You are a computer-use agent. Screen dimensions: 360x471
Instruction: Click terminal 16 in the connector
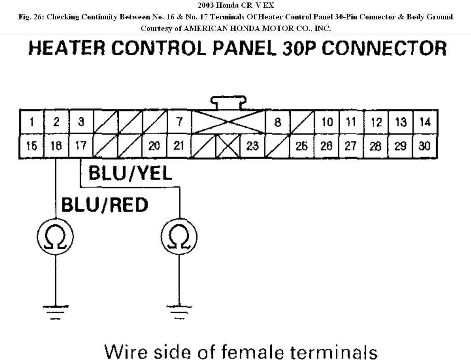click(x=56, y=146)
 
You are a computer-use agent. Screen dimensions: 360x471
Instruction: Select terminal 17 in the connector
click(x=81, y=146)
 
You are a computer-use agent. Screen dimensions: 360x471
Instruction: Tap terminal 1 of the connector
click(x=32, y=122)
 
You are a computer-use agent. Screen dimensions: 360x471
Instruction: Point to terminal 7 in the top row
click(x=179, y=122)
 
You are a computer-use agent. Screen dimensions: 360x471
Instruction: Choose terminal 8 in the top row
click(x=278, y=123)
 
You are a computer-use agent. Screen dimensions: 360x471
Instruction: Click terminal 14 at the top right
click(x=425, y=122)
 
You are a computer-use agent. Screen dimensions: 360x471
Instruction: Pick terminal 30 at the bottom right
click(x=425, y=146)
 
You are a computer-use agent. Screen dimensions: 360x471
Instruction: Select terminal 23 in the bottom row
click(x=252, y=146)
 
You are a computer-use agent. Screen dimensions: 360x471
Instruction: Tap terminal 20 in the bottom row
click(x=154, y=146)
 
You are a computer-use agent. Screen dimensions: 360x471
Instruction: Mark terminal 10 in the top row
click(x=327, y=123)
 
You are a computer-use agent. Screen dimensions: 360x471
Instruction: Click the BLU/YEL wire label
click(x=130, y=173)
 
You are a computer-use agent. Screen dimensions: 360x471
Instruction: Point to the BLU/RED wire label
click(x=104, y=205)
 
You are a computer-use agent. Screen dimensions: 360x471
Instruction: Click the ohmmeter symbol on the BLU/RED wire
click(x=55, y=237)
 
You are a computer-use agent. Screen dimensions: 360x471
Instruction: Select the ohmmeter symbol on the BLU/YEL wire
click(x=179, y=237)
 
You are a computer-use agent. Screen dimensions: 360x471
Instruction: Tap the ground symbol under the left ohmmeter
click(x=55, y=311)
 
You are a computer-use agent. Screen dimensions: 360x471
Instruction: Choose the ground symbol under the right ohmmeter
click(x=179, y=311)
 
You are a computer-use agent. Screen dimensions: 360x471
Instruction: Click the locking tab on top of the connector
click(x=228, y=102)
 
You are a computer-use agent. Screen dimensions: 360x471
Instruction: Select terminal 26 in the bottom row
click(x=326, y=146)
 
